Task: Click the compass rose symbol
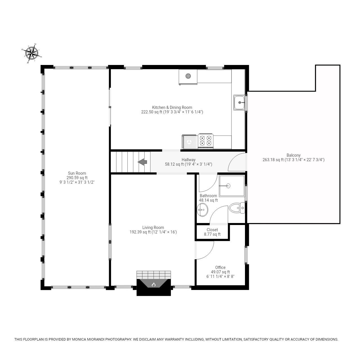(x=31, y=53)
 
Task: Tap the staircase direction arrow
(x=142, y=162)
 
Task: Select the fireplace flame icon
(x=154, y=285)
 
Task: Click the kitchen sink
(x=239, y=103)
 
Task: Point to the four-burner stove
(x=206, y=141)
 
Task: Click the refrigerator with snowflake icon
(x=188, y=76)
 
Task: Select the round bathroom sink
(x=202, y=210)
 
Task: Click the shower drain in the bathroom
(x=228, y=186)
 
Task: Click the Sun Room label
(x=77, y=173)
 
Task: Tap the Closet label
(x=212, y=230)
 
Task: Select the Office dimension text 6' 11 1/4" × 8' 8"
(x=220, y=276)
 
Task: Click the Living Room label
(x=153, y=228)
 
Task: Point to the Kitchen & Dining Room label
(x=172, y=107)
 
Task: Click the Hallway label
(x=188, y=160)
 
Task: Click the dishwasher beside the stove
(x=190, y=141)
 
